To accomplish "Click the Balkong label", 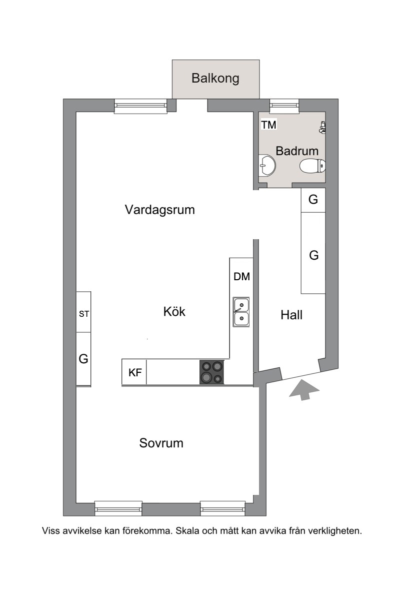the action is click(215, 78).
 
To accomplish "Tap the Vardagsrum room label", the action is click(159, 210).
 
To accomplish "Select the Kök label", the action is click(174, 312).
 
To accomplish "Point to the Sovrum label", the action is click(161, 443).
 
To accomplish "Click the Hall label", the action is click(291, 315).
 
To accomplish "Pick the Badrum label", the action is click(297, 151).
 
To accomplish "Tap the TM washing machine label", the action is click(268, 125).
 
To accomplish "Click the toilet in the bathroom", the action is click(312, 166).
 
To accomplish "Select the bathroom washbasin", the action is click(267, 166).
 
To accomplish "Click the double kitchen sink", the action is click(241, 312).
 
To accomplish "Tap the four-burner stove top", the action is click(211, 372).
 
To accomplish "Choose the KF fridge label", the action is click(135, 372).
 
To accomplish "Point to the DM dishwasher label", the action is click(241, 277).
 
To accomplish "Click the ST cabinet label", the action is click(84, 314).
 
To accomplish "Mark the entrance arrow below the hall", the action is click(304, 390).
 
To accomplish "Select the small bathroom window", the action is click(284, 106).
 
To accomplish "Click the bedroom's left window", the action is click(118, 508).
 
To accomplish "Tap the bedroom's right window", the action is click(223, 508).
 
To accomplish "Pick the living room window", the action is click(140, 106).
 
